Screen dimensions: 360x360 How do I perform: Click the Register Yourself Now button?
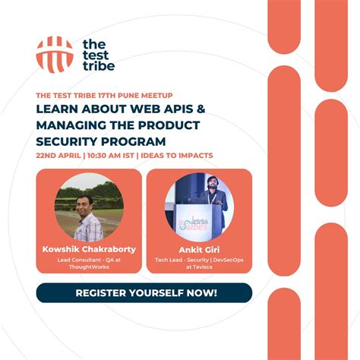coord(144,292)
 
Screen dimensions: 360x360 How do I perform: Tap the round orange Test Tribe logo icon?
coord(55,54)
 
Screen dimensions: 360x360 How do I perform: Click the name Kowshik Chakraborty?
coord(89,248)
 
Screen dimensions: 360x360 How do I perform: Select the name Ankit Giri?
coord(197,248)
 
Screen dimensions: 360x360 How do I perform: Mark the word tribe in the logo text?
coord(98,66)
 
